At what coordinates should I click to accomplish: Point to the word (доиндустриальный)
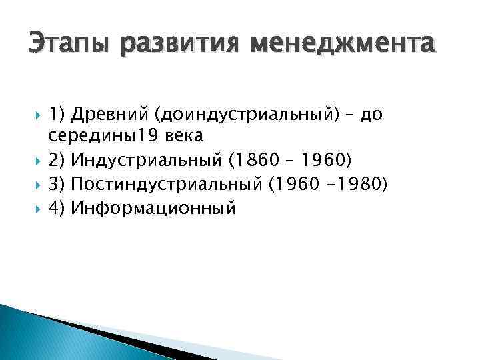tap(248, 115)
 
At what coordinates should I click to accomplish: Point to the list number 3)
tap(57, 184)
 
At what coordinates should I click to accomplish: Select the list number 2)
tap(57, 161)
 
